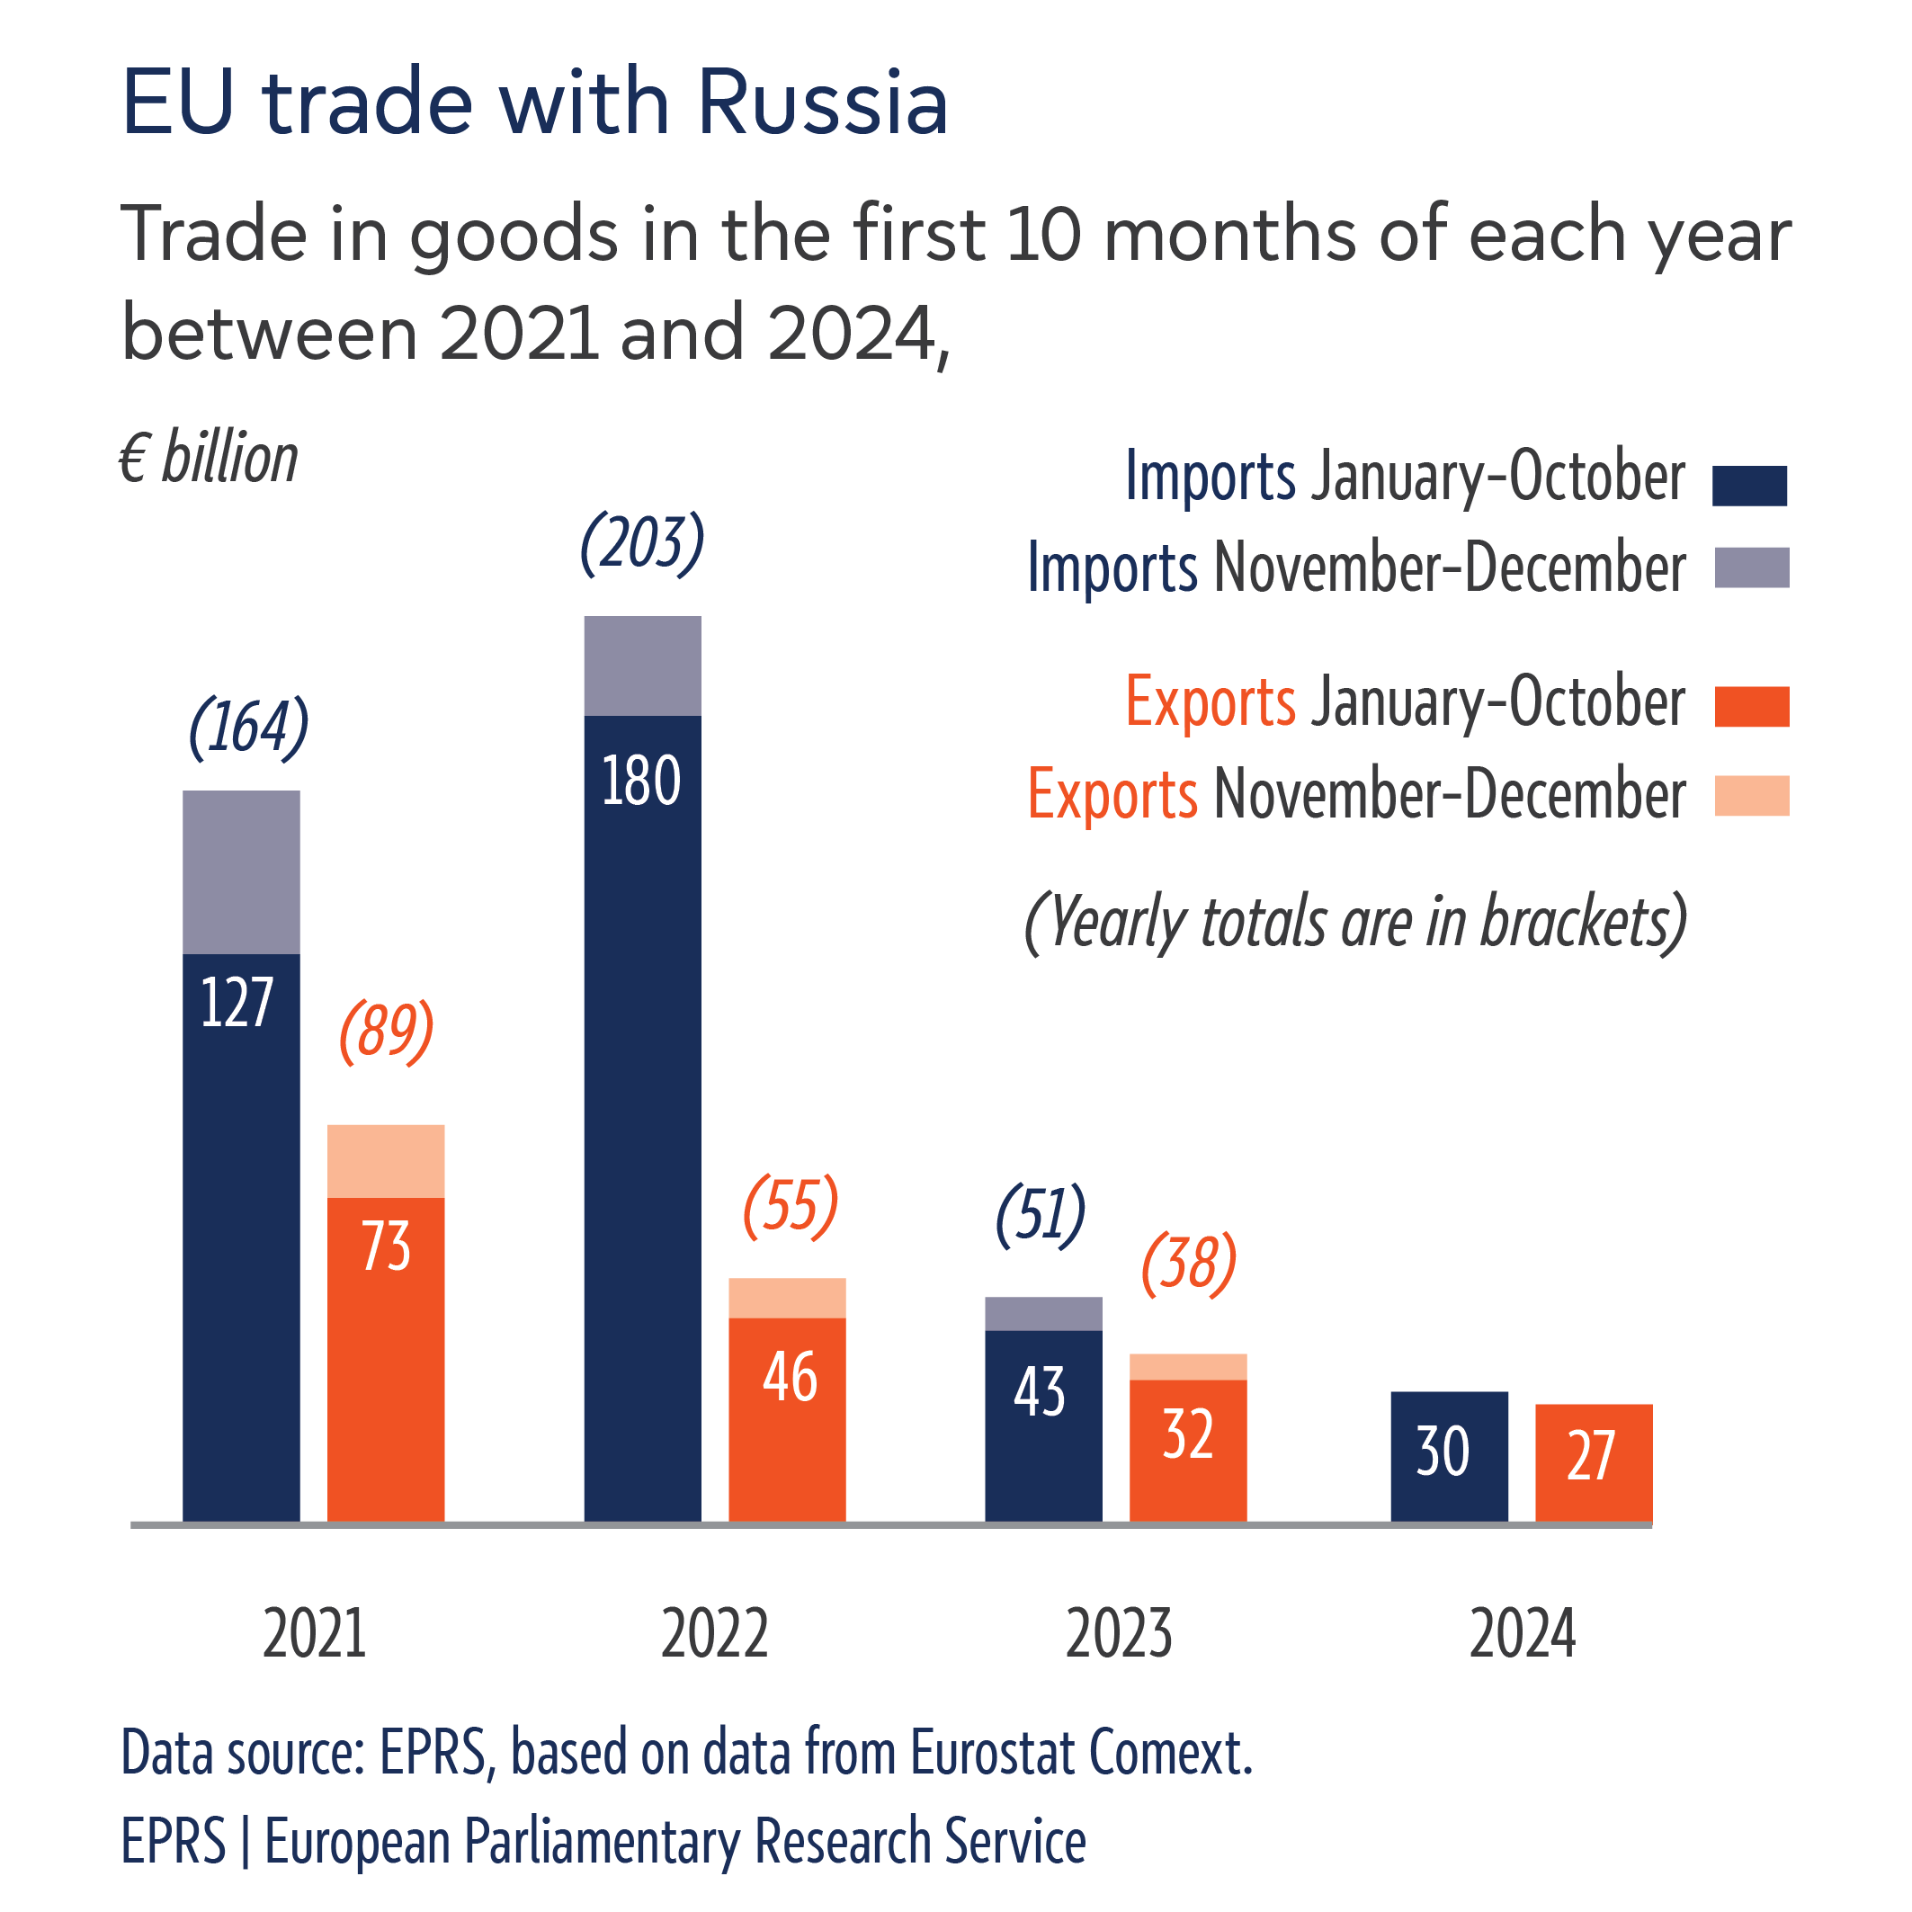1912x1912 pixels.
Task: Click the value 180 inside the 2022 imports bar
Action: tap(640, 781)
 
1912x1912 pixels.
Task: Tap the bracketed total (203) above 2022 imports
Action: tap(641, 543)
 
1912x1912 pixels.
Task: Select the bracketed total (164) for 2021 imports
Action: tap(248, 728)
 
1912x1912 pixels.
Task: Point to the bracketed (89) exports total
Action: tap(386, 1032)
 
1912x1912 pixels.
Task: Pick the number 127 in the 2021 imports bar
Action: tap(237, 1003)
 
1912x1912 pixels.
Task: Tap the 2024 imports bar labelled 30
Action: tap(1449, 1456)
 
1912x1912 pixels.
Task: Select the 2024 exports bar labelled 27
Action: tap(1594, 1461)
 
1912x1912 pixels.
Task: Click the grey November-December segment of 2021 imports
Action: tap(242, 871)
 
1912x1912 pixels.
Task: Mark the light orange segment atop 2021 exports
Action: tap(386, 1161)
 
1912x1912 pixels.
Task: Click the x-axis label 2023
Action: tap(1118, 1635)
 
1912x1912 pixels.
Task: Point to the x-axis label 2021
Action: tap(315, 1635)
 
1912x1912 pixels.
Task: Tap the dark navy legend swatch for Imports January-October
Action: tap(1750, 486)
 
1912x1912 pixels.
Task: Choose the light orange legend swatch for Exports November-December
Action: tap(1752, 796)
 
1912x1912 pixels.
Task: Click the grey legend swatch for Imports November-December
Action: tap(1752, 568)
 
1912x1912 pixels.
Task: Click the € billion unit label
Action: tap(209, 460)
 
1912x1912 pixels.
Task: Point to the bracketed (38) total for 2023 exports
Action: tap(1189, 1264)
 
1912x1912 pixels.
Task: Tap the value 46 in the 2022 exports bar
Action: tap(790, 1377)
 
